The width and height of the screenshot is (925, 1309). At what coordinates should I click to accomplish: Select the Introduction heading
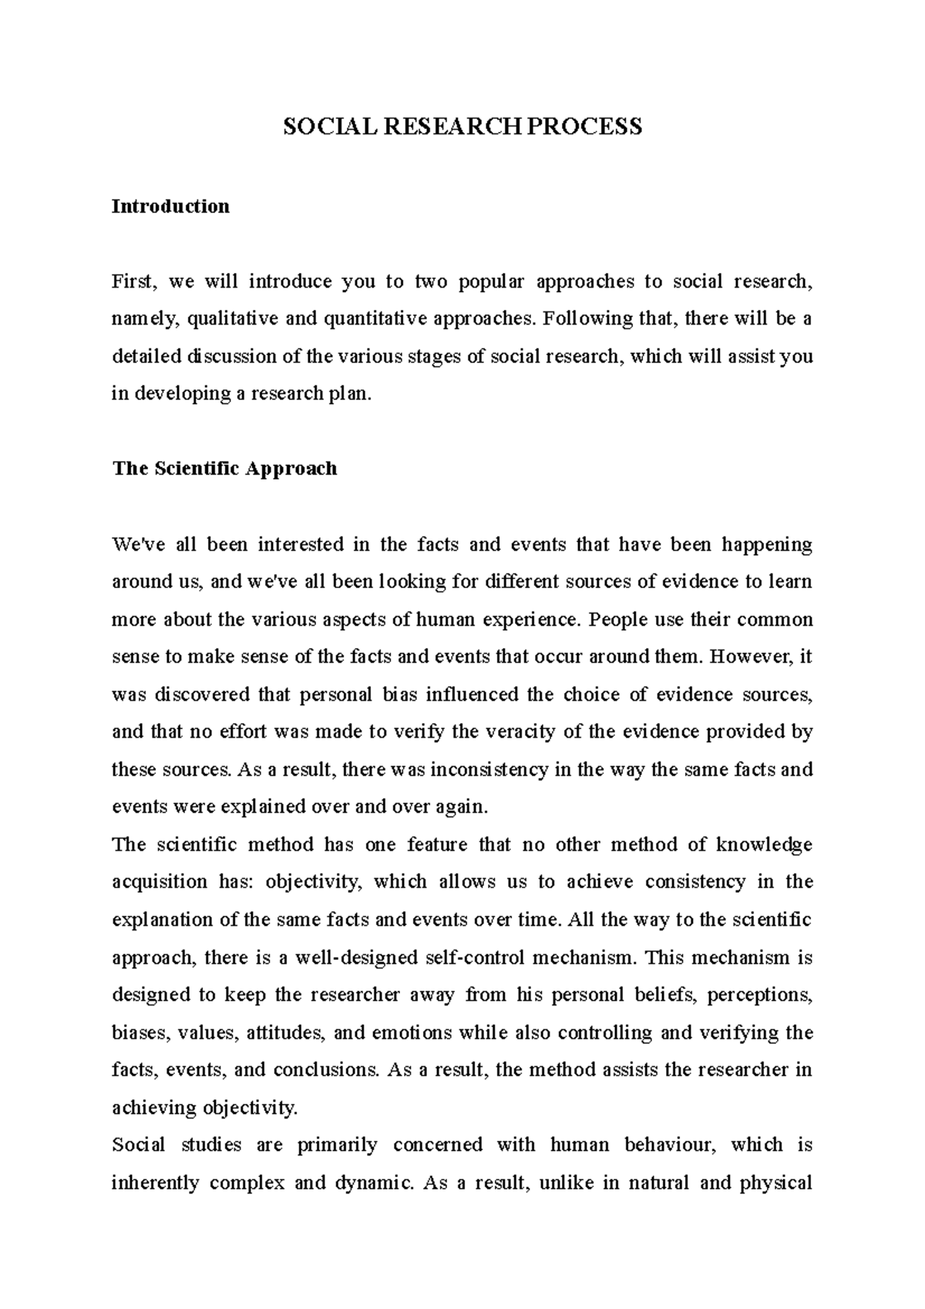tap(170, 207)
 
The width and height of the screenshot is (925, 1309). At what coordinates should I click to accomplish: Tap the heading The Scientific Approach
tap(224, 469)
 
